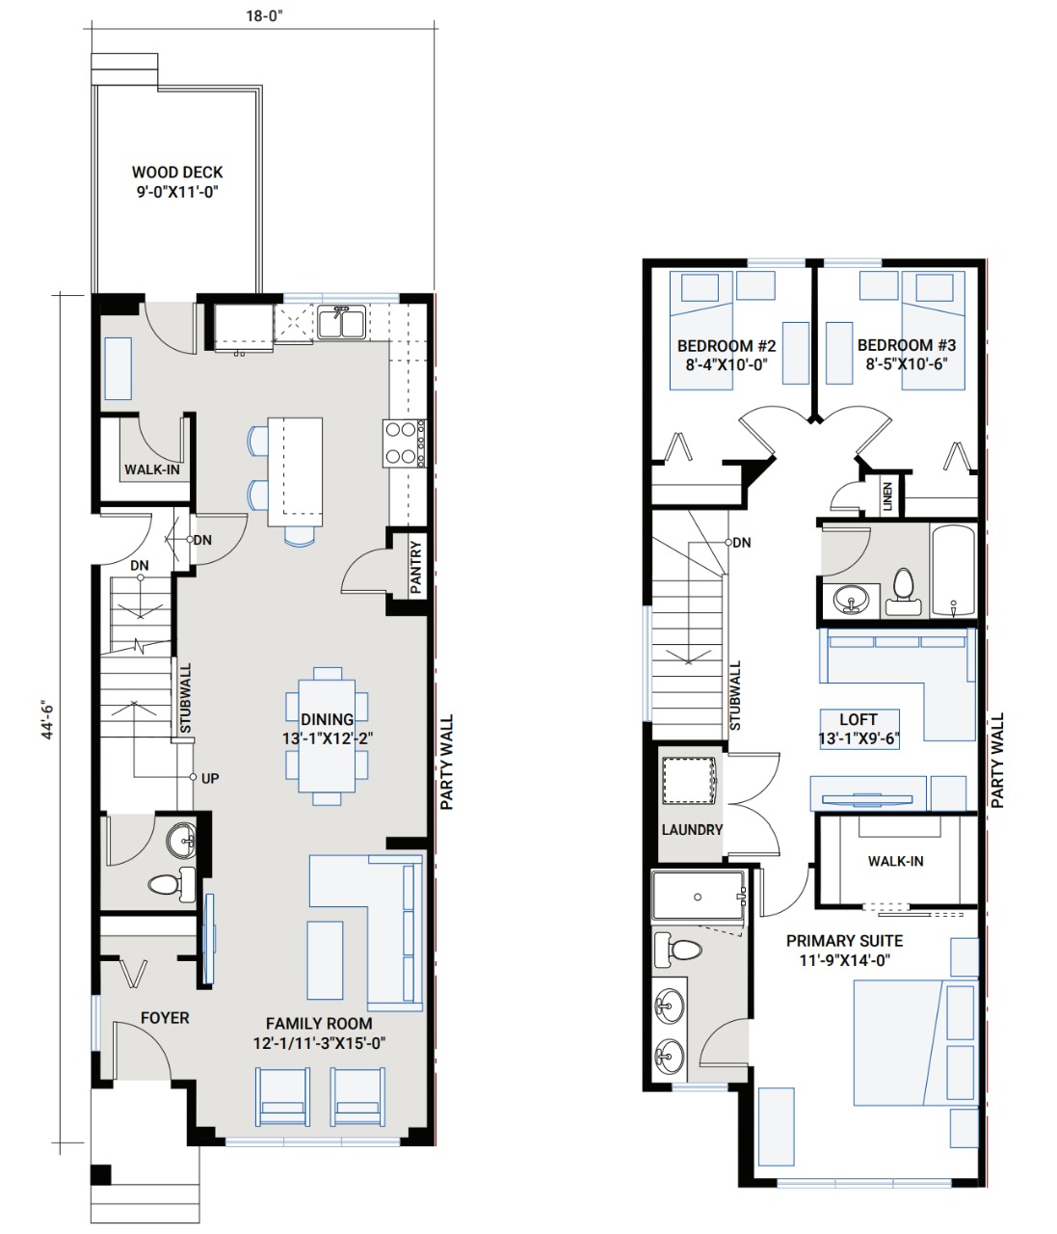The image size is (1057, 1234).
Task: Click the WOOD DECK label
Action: pyautogui.click(x=177, y=172)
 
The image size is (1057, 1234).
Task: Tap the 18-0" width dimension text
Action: pyautogui.click(x=264, y=15)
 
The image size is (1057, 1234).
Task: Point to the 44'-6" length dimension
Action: pyautogui.click(x=48, y=719)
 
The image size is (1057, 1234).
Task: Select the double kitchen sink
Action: pyautogui.click(x=341, y=322)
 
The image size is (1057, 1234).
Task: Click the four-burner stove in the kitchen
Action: pyautogui.click(x=405, y=443)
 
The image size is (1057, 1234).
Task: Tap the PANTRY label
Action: pyautogui.click(x=416, y=567)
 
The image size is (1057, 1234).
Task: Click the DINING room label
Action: pyautogui.click(x=327, y=719)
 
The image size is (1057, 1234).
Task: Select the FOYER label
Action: pyautogui.click(x=165, y=1017)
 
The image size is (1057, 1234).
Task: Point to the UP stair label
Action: pyautogui.click(x=210, y=778)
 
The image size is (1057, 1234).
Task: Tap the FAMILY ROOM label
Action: pyautogui.click(x=319, y=1023)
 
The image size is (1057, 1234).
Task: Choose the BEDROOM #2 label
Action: pyautogui.click(x=727, y=346)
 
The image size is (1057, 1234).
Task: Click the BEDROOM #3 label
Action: pyautogui.click(x=907, y=345)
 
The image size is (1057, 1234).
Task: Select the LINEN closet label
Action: pyautogui.click(x=887, y=496)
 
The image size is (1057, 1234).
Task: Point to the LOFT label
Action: pyautogui.click(x=859, y=719)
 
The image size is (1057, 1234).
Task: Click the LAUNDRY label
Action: pyautogui.click(x=693, y=829)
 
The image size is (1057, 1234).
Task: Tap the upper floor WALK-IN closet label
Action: pyautogui.click(x=895, y=861)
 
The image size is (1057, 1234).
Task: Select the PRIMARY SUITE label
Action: pyautogui.click(x=844, y=941)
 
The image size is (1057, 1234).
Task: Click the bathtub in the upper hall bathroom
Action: pyautogui.click(x=953, y=570)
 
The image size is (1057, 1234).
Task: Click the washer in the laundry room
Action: pyautogui.click(x=690, y=780)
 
